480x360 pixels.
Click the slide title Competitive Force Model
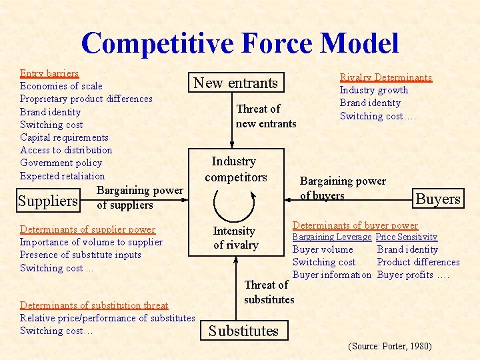coord(240,43)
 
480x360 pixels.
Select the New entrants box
coord(235,83)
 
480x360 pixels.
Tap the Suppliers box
coord(48,201)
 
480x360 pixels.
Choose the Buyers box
coord(438,199)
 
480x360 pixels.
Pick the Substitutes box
coord(243,331)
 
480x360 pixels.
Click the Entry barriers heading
coord(49,73)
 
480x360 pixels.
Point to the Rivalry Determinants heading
coord(386,77)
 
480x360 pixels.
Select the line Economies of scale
coord(61,86)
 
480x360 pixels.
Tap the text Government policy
coord(61,163)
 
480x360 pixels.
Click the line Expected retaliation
coord(63,176)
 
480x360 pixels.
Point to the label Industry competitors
coord(235,169)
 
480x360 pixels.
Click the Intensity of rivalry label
coord(235,238)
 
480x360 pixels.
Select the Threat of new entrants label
coord(265,116)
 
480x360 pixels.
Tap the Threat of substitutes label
coord(269,292)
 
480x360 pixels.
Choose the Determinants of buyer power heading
coord(355,225)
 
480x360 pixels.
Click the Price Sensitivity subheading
coord(407,237)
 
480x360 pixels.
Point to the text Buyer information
coord(332,275)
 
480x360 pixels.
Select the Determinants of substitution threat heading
coord(94,305)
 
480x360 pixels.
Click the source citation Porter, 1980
coord(390,346)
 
